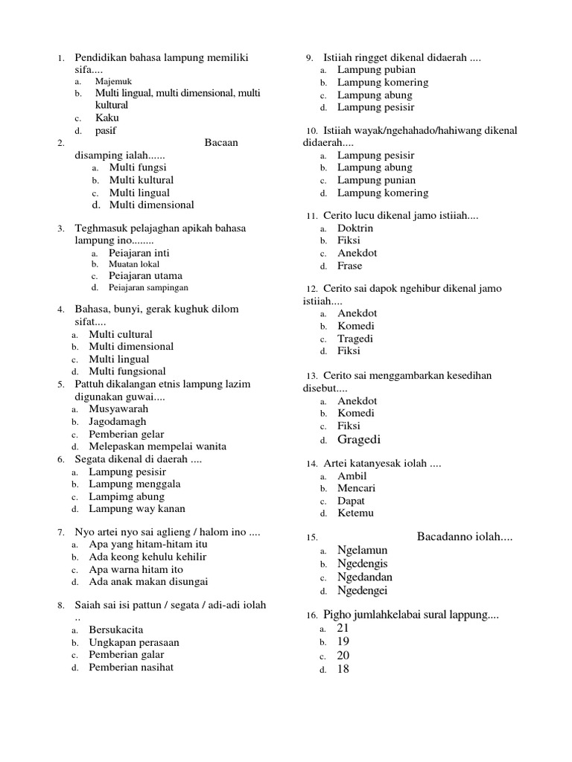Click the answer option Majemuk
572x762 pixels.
113,81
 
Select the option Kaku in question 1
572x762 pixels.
107,118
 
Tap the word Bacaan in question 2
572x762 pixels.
220,143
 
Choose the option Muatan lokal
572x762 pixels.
135,263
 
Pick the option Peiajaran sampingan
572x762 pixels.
148,287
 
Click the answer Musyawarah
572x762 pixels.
118,409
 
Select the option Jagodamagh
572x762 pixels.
118,421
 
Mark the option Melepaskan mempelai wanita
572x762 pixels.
157,446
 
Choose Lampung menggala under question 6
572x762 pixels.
135,484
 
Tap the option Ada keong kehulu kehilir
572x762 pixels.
147,557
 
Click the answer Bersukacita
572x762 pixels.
116,630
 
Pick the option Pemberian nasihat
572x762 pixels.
131,667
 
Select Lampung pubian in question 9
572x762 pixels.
376,70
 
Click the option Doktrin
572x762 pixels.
355,228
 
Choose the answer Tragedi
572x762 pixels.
355,339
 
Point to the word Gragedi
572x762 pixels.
359,439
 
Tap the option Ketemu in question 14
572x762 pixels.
355,513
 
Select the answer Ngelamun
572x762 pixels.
362,550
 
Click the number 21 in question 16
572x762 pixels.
343,628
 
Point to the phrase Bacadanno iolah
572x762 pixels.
465,537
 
